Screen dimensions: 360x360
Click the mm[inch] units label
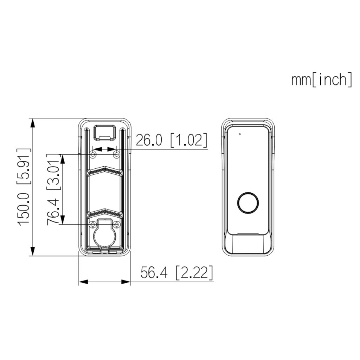point(321,80)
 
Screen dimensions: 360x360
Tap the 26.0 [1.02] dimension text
point(171,140)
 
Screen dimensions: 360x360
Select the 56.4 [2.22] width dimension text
point(176,273)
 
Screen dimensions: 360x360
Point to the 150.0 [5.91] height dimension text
point(24,187)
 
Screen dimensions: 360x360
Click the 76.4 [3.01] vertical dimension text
point(54,189)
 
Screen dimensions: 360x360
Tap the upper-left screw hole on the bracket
point(93,154)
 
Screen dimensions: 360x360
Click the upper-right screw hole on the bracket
point(117,154)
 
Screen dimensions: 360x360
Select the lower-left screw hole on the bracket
point(93,224)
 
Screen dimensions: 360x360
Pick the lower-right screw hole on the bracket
point(117,224)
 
